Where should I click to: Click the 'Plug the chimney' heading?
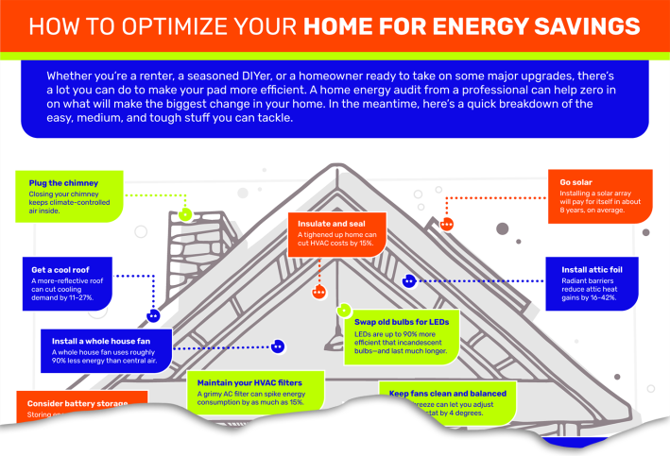click(58, 182)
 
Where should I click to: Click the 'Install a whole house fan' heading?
click(102, 341)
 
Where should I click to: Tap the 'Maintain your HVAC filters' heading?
click(249, 382)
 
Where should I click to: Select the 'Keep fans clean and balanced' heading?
click(448, 393)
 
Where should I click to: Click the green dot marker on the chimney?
click(186, 214)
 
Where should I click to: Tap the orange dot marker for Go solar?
click(447, 224)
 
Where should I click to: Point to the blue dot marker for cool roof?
click(153, 316)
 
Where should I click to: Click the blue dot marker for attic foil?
click(409, 280)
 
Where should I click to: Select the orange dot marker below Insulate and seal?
click(319, 292)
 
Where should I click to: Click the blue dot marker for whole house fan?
click(277, 346)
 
